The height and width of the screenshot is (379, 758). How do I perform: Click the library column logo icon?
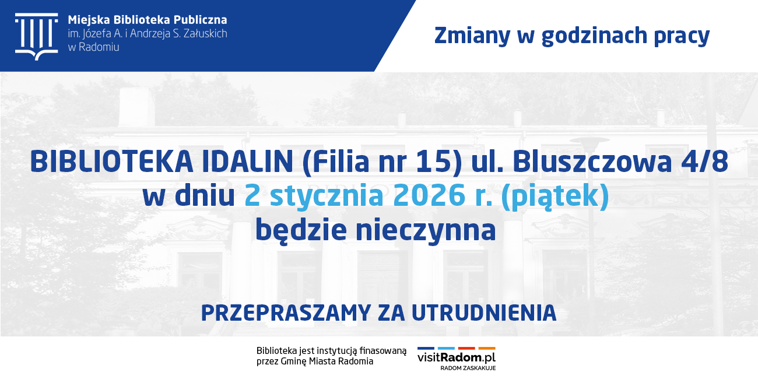pyautogui.click(x=36, y=37)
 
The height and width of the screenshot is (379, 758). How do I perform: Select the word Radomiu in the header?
pyautogui.click(x=99, y=47)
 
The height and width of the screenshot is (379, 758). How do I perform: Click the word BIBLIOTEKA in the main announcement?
pyautogui.click(x=112, y=162)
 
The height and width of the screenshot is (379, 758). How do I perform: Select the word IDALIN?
pyautogui.click(x=247, y=162)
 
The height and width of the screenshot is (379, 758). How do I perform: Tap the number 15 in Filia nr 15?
pyautogui.click(x=435, y=162)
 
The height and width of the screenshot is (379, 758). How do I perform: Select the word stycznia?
pyautogui.click(x=327, y=196)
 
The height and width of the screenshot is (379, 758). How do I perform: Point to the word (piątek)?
pyautogui.click(x=555, y=197)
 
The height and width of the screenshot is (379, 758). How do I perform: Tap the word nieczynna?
pyautogui.click(x=426, y=231)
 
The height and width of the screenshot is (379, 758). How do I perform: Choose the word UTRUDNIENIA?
pyautogui.click(x=484, y=313)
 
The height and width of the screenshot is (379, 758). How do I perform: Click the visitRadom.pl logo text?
pyautogui.click(x=456, y=357)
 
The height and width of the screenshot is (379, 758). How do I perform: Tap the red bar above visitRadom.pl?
pyautogui.click(x=466, y=348)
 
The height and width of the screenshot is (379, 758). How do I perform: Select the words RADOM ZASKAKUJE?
pyautogui.click(x=468, y=368)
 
